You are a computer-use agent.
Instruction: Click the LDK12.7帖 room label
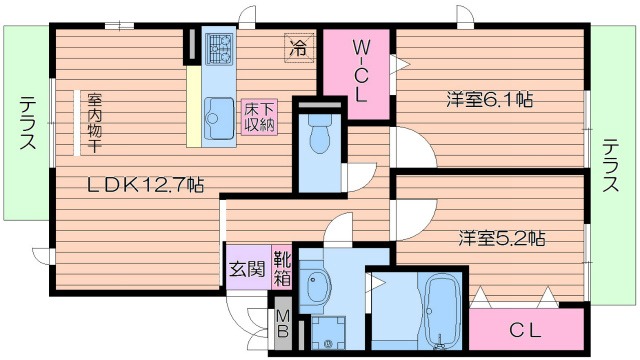[x=145, y=184]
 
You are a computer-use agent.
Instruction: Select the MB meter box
[x=283, y=322]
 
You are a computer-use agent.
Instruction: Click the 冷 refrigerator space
[x=298, y=46]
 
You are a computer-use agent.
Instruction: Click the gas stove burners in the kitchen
[x=219, y=47]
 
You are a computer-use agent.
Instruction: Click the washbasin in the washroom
[x=318, y=288]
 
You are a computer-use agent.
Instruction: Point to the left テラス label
[x=26, y=122]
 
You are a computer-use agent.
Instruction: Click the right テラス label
[x=611, y=165]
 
